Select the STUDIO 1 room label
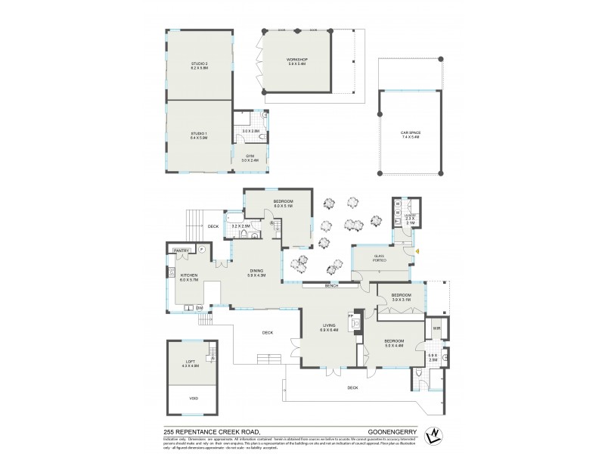(x=199, y=136)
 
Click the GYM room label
(x=250, y=157)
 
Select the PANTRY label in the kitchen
(x=181, y=250)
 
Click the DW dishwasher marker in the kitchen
(x=200, y=308)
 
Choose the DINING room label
(x=256, y=273)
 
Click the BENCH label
(x=330, y=285)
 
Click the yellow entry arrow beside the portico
(x=417, y=251)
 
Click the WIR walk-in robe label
(x=436, y=328)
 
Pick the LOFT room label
(x=190, y=362)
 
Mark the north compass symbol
(x=433, y=436)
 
